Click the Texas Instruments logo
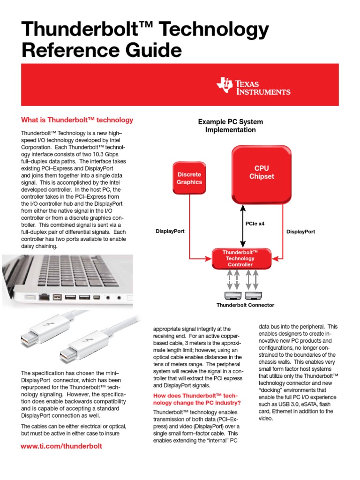[253, 86]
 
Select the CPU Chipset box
[262, 172]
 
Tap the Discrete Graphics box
[189, 178]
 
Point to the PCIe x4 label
[255, 224]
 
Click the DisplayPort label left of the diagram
[170, 232]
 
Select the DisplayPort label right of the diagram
[300, 232]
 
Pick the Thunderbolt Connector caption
[245, 305]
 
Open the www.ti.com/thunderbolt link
[61, 446]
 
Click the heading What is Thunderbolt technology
[77, 120]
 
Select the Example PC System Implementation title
[231, 126]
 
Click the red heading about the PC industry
[197, 400]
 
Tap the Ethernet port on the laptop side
[45, 296]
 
